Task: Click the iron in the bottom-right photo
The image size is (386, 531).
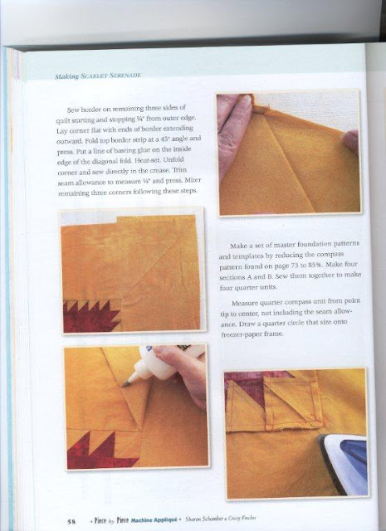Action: (342, 461)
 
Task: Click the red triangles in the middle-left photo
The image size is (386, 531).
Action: (87, 314)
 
